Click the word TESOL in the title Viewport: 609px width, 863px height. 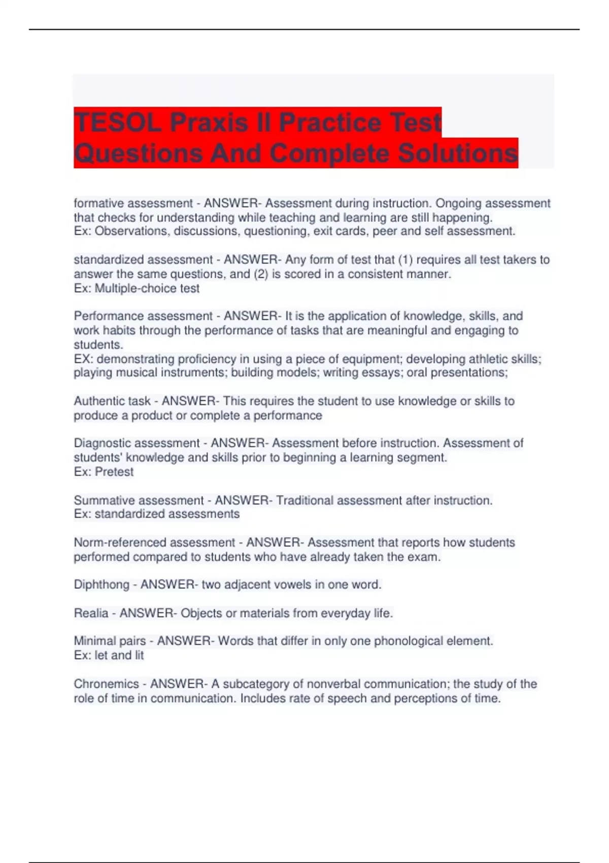[117, 122]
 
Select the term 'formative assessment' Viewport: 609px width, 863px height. [133, 204]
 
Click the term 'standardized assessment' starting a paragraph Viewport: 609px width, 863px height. [143, 260]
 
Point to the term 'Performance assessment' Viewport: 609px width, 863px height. [143, 316]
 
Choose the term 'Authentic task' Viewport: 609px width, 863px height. [112, 401]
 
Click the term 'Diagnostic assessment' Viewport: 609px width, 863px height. [137, 443]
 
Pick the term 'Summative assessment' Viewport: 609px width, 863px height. [139, 501]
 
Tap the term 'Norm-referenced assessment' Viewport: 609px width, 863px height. [154, 543]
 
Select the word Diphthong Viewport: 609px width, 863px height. [101, 585]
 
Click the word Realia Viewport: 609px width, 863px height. [91, 613]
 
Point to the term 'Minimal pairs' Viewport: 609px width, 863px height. [110, 641]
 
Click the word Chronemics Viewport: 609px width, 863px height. [106, 684]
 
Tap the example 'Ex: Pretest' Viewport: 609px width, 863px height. [104, 472]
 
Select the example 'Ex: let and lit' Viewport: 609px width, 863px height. [109, 655]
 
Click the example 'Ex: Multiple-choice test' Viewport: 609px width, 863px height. [137, 288]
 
